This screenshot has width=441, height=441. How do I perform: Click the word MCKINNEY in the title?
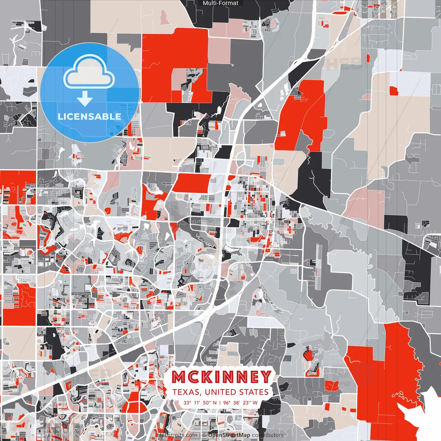(x=222, y=377)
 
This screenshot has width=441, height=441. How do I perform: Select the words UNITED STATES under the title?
(x=236, y=392)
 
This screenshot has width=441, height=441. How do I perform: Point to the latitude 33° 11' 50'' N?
(x=200, y=402)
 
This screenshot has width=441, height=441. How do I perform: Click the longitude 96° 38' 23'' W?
(x=240, y=402)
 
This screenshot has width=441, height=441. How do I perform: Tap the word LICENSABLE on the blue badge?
(x=90, y=116)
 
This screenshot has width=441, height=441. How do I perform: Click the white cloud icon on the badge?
(x=89, y=72)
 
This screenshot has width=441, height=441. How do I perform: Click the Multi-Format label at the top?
(x=220, y=3)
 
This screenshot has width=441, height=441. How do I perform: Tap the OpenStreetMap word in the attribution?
(x=229, y=435)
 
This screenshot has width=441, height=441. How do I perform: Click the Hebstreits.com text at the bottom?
(x=178, y=435)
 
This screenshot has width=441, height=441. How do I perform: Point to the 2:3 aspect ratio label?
(x=365, y=8)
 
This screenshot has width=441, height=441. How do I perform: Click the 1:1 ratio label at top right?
(x=438, y=8)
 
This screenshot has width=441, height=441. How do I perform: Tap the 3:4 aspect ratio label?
(x=383, y=8)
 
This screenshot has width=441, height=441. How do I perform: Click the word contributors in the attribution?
(x=268, y=435)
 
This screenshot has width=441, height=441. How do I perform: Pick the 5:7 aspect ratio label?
(x=375, y=8)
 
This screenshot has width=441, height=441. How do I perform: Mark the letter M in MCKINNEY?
(x=179, y=377)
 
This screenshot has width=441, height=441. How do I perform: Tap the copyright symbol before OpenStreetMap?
(x=204, y=435)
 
